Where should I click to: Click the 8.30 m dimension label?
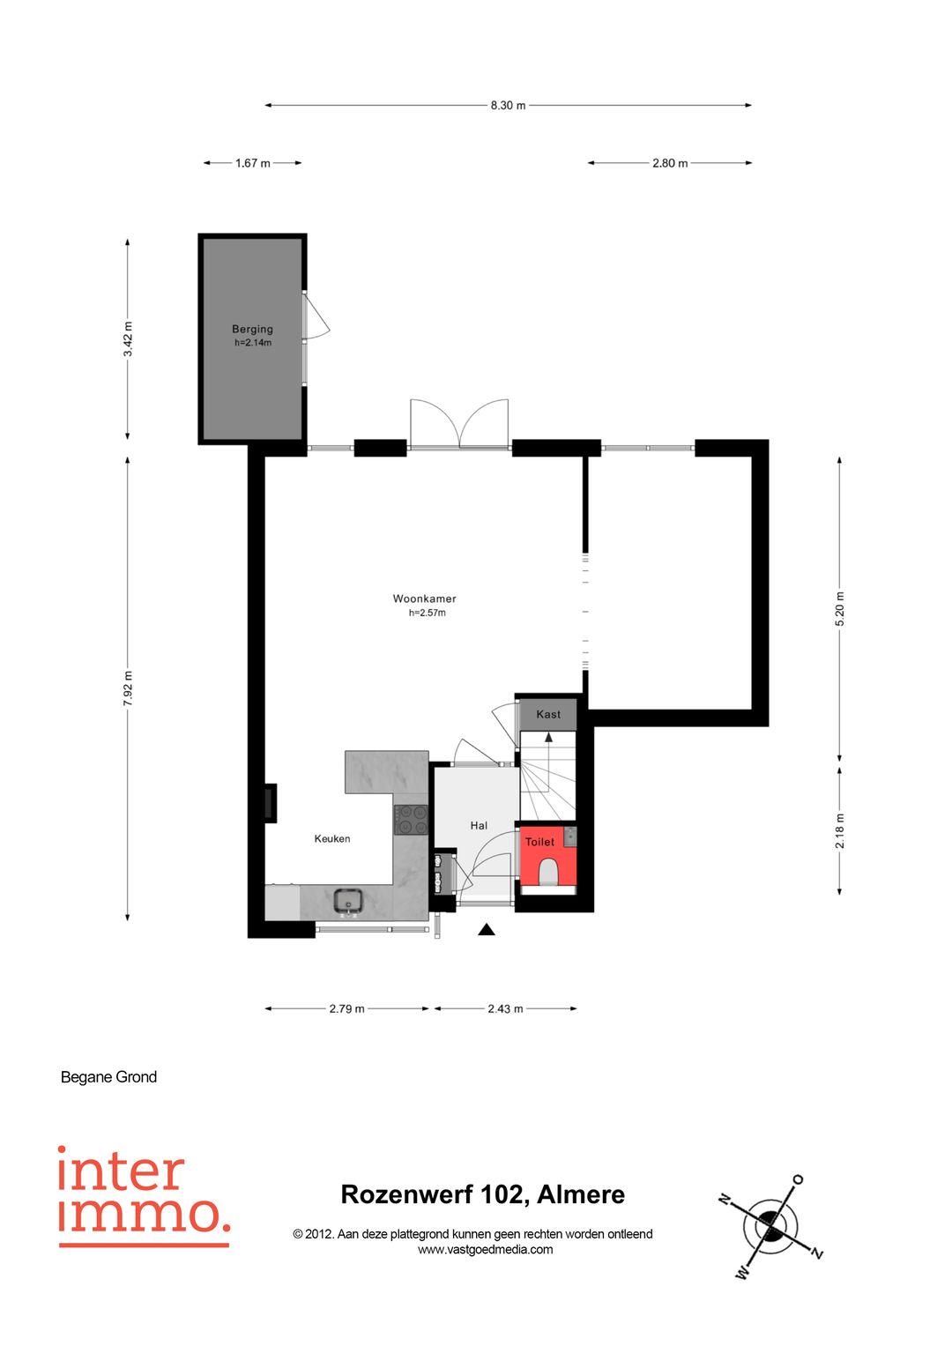(508, 106)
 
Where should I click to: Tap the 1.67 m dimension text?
(252, 163)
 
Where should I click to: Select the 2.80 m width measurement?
(670, 163)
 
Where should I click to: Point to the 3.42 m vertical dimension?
(128, 338)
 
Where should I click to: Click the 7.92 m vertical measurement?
(128, 688)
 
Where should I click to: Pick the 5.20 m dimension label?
(839, 609)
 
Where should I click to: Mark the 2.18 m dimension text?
(839, 831)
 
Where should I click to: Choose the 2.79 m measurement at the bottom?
(346, 1009)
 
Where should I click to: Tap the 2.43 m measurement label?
(505, 1009)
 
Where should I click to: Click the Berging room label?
(252, 330)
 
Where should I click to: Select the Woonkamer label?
(424, 599)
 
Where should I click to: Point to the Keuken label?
(332, 839)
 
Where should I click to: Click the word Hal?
(479, 826)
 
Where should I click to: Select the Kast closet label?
(548, 715)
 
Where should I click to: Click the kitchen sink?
(348, 902)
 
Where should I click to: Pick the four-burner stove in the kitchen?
(411, 821)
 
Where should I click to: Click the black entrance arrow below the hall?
(487, 930)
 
